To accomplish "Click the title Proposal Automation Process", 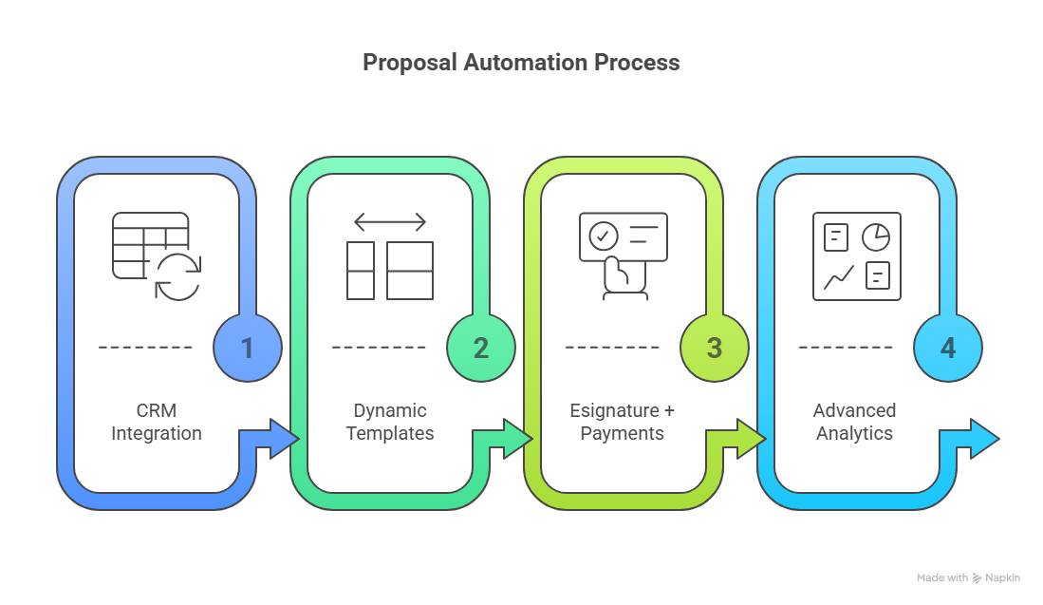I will point(521,63).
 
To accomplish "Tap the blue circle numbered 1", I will point(248,348).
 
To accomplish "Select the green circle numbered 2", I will point(481,348).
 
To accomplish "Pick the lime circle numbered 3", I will point(715,348).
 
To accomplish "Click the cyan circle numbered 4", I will point(948,348).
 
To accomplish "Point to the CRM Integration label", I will point(157,422).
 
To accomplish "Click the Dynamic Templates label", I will point(390,422).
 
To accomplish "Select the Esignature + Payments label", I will point(623,422).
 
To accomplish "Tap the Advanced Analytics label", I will point(854,422).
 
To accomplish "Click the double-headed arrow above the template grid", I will point(390,223).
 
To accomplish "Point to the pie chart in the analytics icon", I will point(875,236).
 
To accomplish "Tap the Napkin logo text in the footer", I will point(1001,577).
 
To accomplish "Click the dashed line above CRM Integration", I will point(145,348).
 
